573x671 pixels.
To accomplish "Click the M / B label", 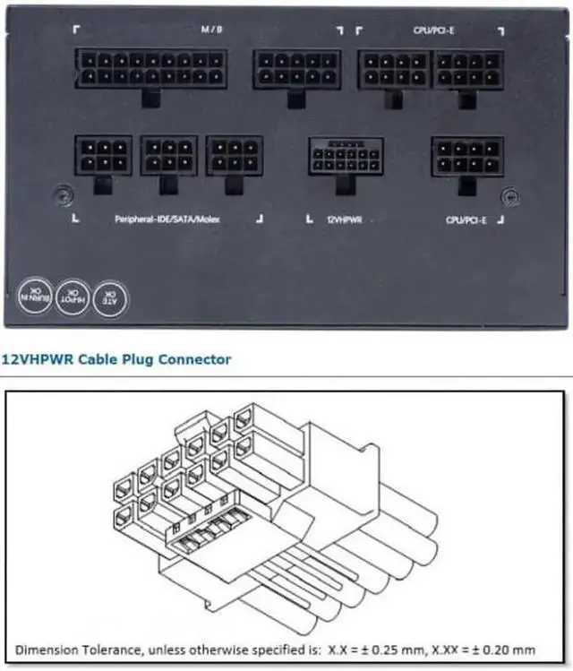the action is tap(211, 29).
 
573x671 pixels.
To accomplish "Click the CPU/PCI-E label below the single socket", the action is tap(466, 219).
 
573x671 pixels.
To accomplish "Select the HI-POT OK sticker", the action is tap(73, 294).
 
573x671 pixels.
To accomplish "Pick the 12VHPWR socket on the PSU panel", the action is tap(346, 155).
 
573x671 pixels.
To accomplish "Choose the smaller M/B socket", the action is tap(285, 68).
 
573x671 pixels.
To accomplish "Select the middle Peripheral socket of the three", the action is tap(169, 155).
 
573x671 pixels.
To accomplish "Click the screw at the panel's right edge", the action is tap(509, 193).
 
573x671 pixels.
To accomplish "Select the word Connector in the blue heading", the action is tap(193, 360).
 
